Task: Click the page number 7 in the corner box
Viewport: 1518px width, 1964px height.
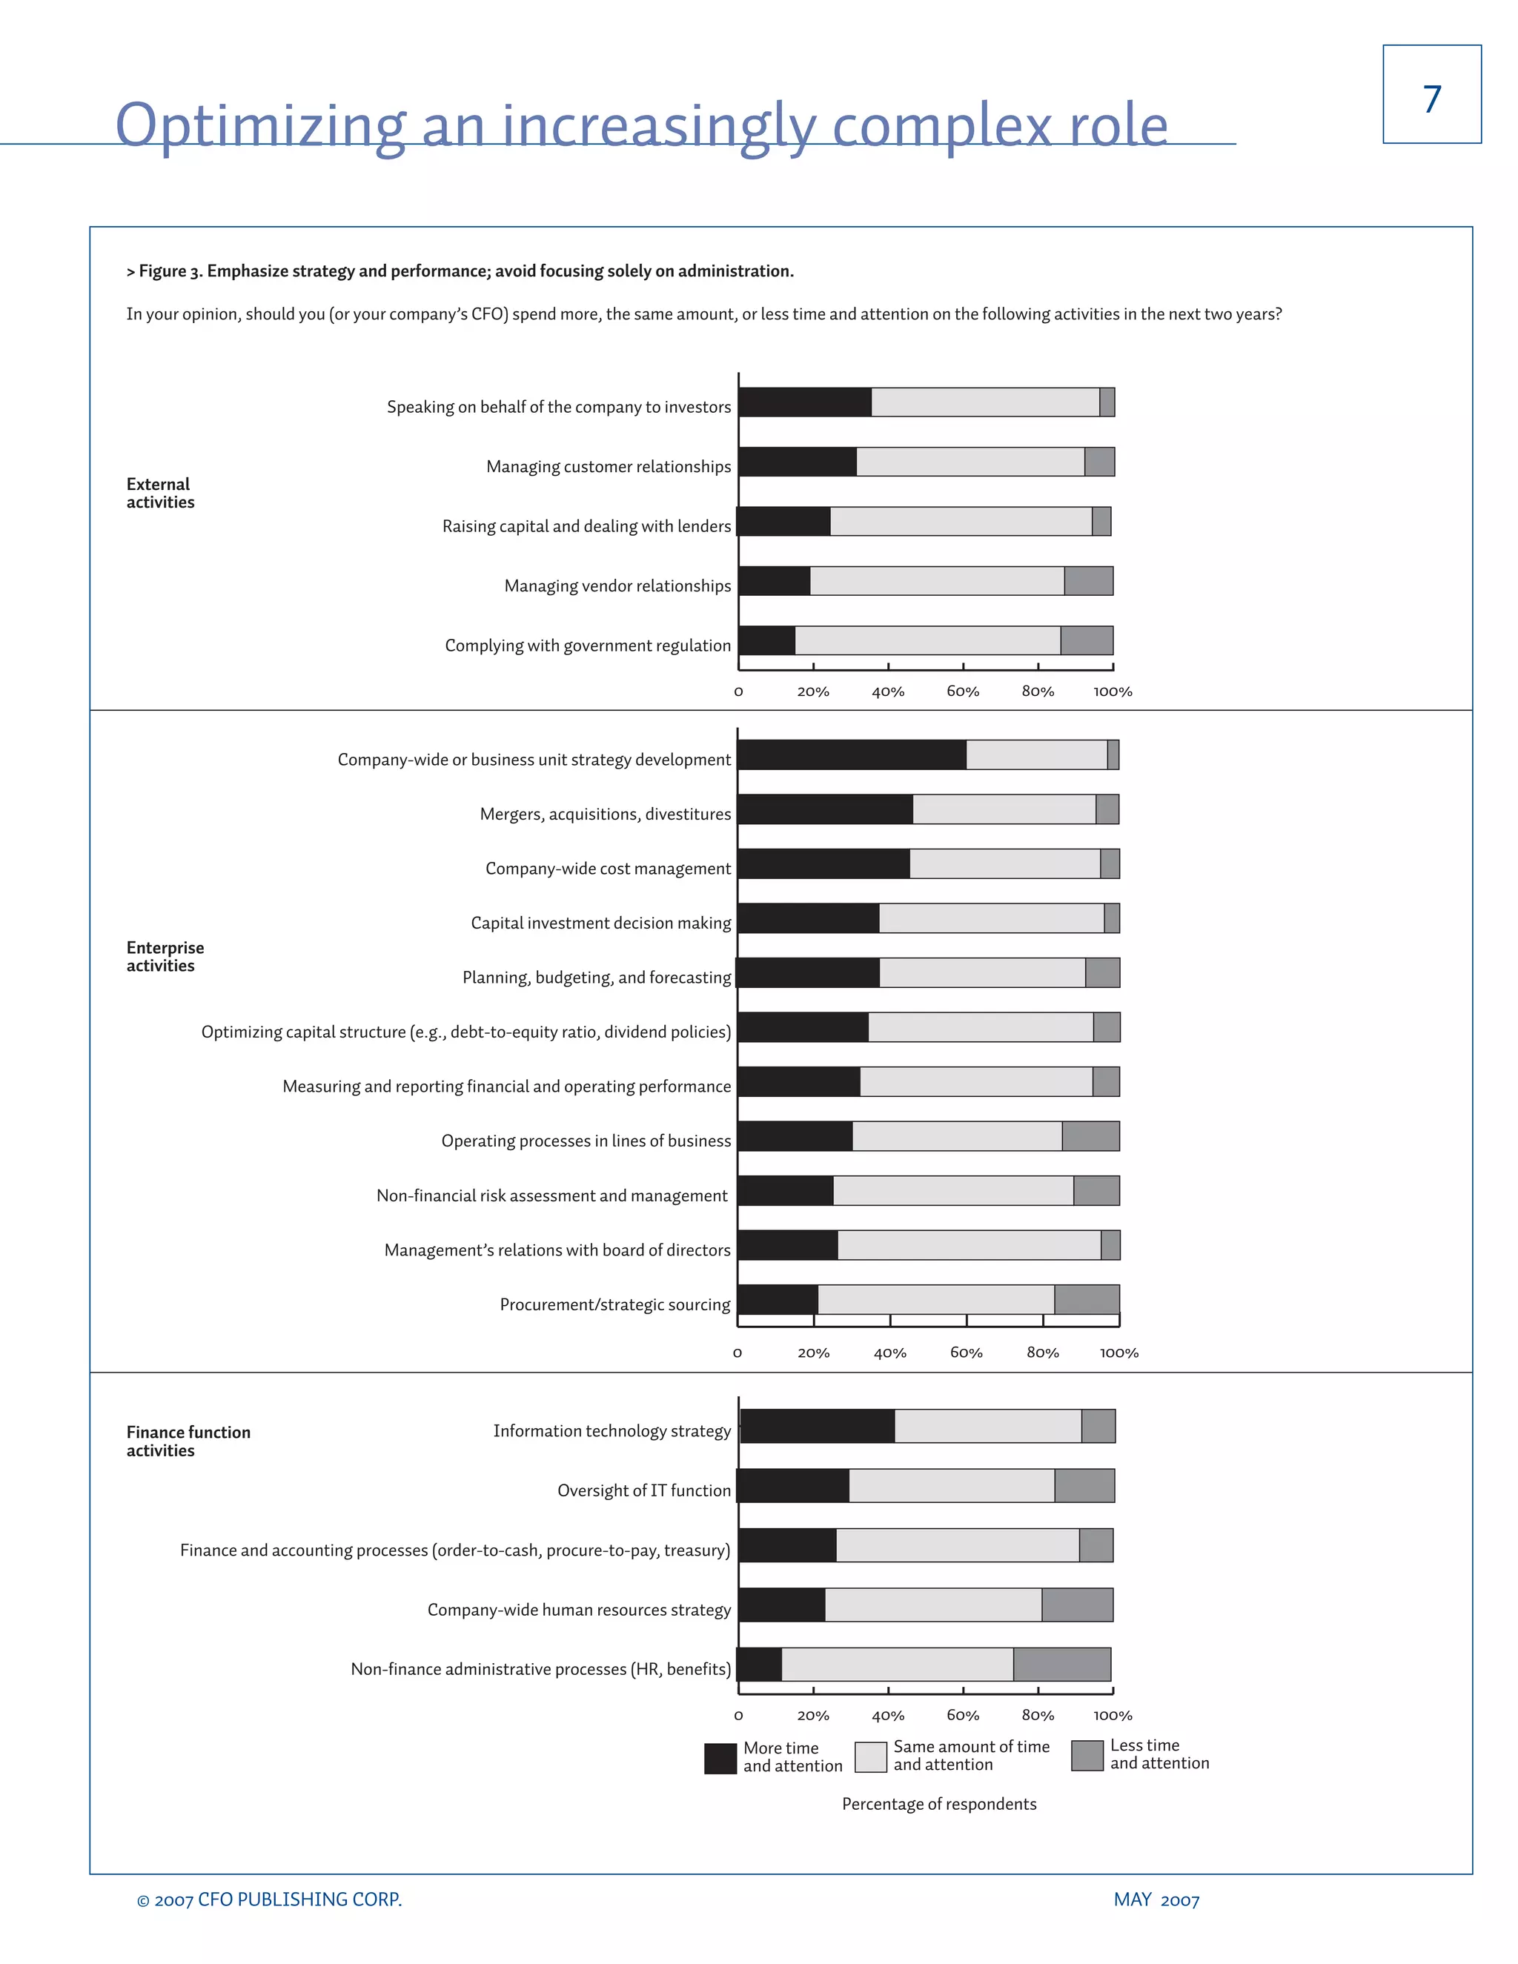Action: point(1432,98)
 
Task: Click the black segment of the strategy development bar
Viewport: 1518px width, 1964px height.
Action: point(852,754)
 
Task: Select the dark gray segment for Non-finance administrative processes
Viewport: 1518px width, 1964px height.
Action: point(1061,1664)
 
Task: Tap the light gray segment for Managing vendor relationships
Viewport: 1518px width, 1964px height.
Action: point(936,581)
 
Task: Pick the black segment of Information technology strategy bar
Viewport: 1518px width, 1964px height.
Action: point(818,1426)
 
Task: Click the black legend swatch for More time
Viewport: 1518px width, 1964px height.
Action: point(720,1759)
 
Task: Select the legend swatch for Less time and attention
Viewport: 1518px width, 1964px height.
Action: point(1087,1755)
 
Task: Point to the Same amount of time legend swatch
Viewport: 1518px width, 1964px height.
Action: point(870,1757)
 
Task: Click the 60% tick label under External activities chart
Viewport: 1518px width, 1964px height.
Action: point(962,691)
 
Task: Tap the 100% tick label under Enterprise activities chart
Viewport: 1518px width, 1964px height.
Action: point(1118,1353)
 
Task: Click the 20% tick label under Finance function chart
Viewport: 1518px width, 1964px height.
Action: point(813,1715)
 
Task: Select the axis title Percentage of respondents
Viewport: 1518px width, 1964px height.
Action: point(939,1804)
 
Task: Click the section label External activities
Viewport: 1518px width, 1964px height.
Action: point(160,493)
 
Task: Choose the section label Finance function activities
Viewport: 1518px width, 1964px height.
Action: point(188,1441)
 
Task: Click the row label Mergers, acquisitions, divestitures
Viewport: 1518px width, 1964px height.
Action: point(606,814)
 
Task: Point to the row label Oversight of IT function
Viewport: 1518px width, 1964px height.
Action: point(644,1490)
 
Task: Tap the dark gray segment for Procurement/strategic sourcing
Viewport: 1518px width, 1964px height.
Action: point(1087,1299)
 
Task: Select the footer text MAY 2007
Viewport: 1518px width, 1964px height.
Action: point(1156,1900)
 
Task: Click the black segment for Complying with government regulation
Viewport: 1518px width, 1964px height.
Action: point(767,640)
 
